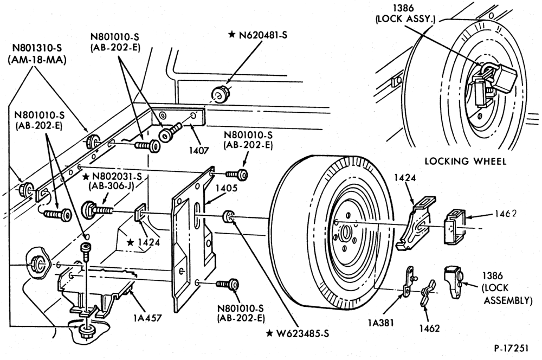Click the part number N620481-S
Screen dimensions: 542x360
263,35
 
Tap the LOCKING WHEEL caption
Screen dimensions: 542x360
465,161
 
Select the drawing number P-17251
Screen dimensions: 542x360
511,348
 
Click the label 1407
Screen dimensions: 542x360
199,151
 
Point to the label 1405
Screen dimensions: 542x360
227,188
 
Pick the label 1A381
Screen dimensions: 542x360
380,323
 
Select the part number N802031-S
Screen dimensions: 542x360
117,177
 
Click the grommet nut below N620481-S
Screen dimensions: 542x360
220,94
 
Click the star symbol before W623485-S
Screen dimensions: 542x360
269,333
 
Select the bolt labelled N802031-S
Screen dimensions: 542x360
98,210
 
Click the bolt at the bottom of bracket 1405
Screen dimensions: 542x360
228,284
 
